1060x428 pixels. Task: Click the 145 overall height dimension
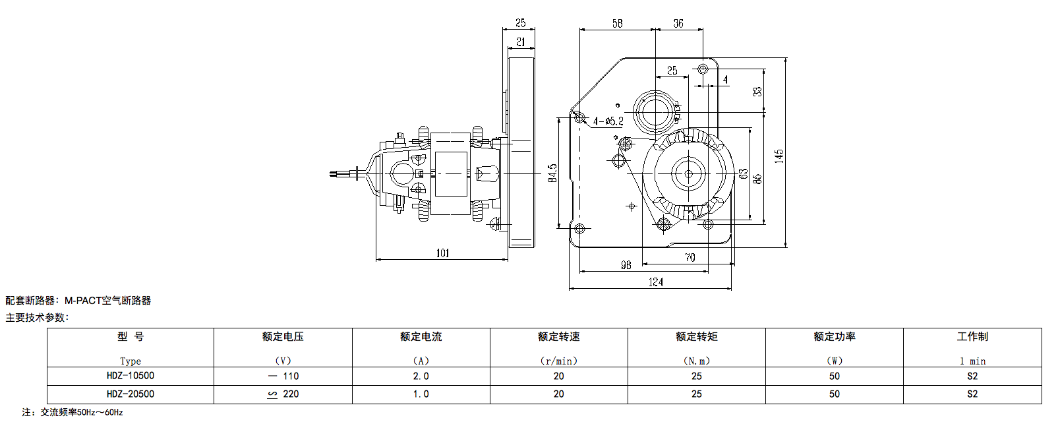click(x=779, y=156)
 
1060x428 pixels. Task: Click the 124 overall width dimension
click(x=655, y=282)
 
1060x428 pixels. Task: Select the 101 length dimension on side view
click(x=442, y=253)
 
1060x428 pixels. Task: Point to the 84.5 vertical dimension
click(x=552, y=173)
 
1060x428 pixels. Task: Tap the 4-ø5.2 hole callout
click(x=608, y=121)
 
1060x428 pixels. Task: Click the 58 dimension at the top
click(x=617, y=24)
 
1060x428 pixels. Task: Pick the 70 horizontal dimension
click(x=690, y=257)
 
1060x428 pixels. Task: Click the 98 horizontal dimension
click(x=626, y=265)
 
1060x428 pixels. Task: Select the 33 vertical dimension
click(x=757, y=91)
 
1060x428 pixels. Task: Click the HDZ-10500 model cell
click(x=131, y=376)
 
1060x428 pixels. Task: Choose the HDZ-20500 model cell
click(x=131, y=394)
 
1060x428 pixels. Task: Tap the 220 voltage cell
click(x=283, y=394)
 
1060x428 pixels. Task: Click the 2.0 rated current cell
click(x=421, y=376)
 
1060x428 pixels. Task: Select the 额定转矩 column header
click(x=696, y=337)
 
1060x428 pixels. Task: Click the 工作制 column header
click(x=972, y=337)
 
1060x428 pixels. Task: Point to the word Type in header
click(x=131, y=361)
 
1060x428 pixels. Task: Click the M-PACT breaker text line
click(x=78, y=301)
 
